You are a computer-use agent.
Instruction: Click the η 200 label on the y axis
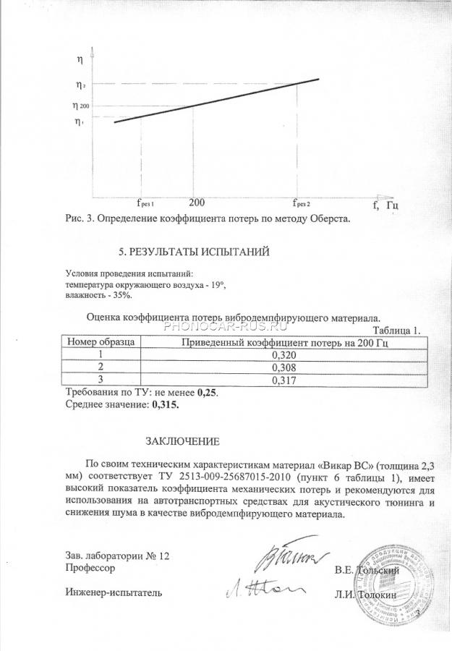80,106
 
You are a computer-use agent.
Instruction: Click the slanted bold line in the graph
216,101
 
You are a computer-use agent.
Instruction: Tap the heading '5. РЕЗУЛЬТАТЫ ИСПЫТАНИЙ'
193,252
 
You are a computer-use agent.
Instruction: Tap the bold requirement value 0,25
207,392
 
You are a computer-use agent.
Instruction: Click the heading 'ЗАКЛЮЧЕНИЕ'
182,441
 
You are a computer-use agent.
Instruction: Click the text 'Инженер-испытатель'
113,594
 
